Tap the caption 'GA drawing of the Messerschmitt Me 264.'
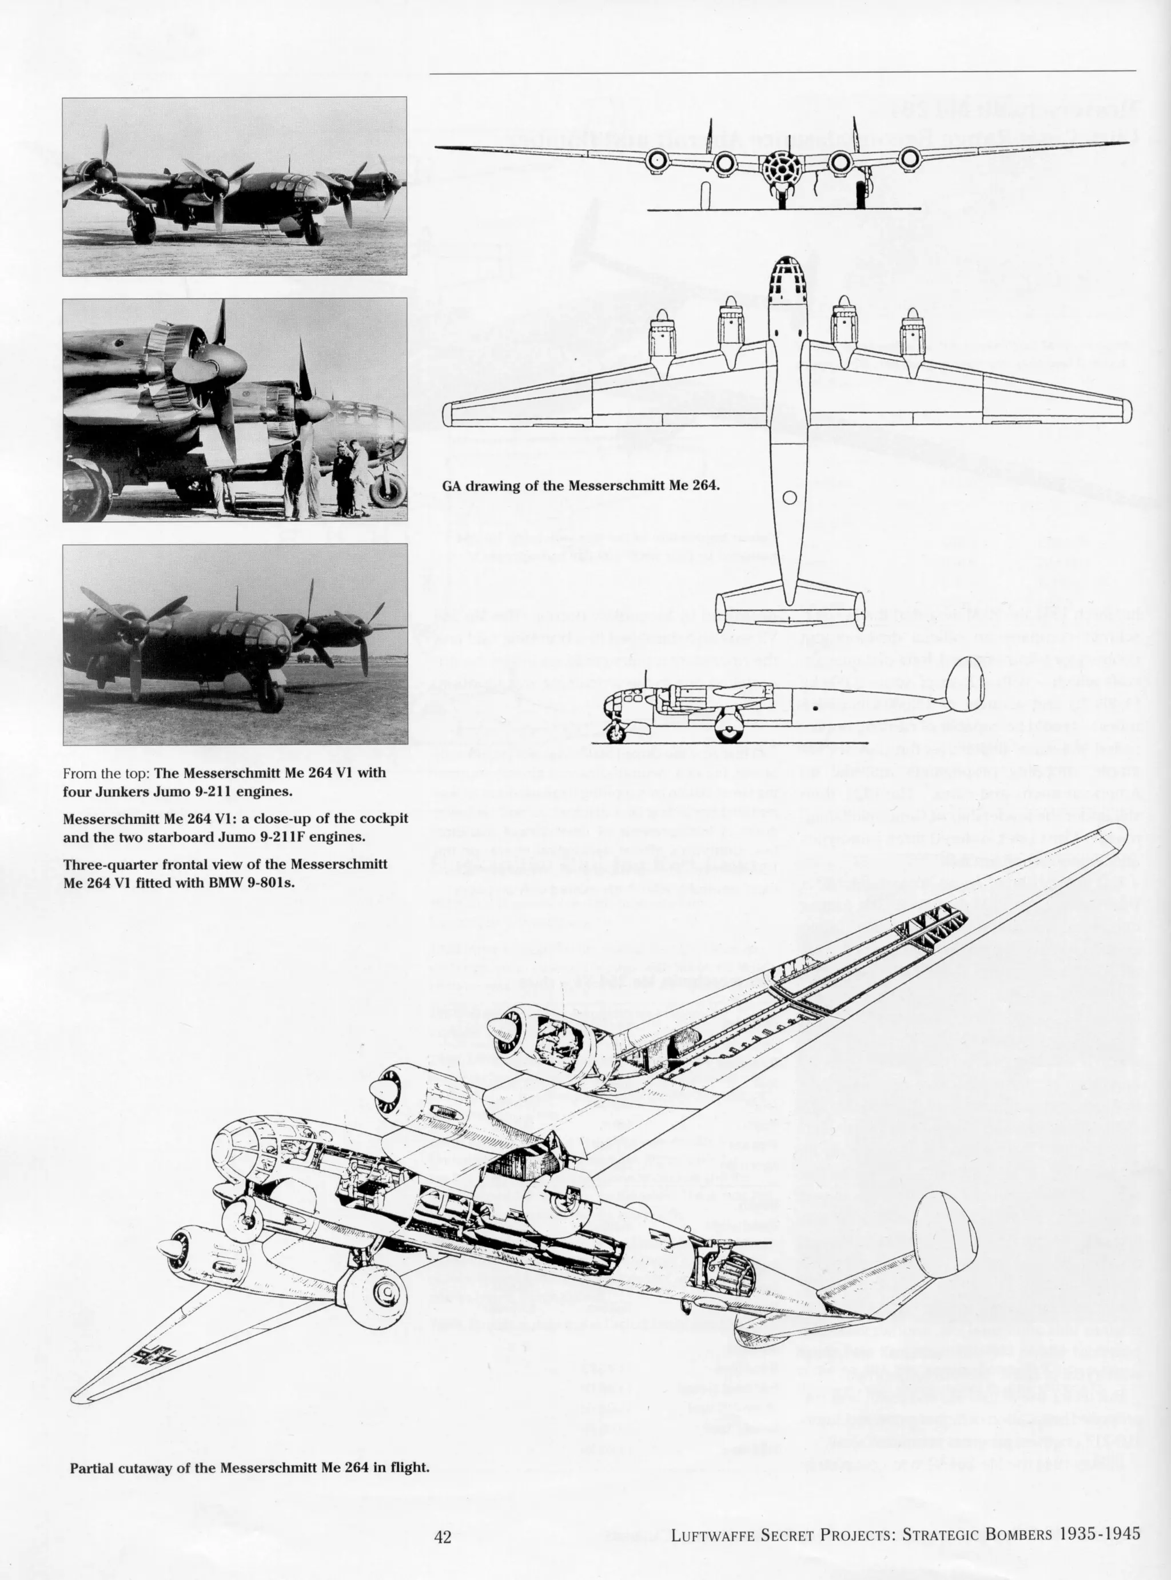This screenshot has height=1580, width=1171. [580, 486]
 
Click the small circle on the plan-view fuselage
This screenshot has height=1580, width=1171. [790, 498]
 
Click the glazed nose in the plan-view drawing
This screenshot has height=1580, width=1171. [788, 276]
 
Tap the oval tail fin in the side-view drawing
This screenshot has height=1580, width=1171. [965, 684]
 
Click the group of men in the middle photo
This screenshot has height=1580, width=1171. [325, 480]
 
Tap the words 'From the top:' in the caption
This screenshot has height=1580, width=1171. [106, 773]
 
